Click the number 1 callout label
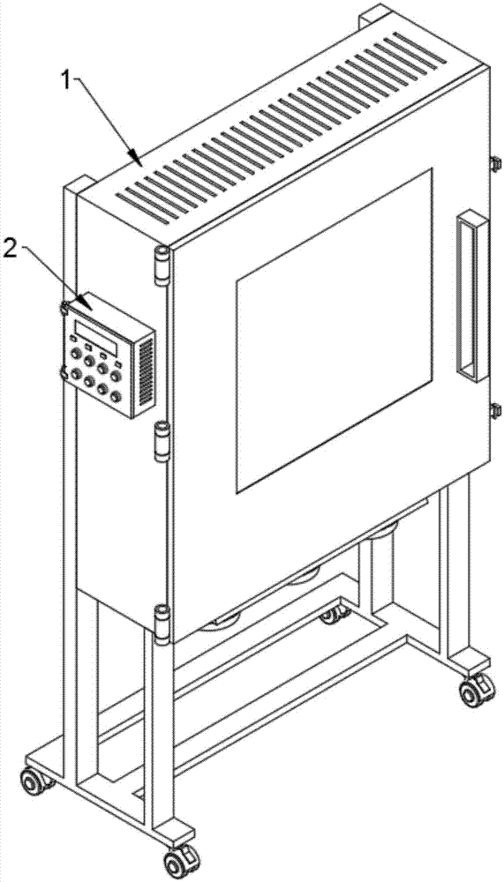pyautogui.click(x=67, y=81)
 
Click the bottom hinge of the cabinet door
pyautogui.click(x=162, y=623)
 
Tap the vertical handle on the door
pyautogui.click(x=471, y=296)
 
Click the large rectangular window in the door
pyautogui.click(x=335, y=330)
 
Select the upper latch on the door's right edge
pyautogui.click(x=495, y=164)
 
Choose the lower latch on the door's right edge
pyautogui.click(x=495, y=410)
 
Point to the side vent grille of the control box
pyautogui.click(x=147, y=372)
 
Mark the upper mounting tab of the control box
pyautogui.click(x=64, y=307)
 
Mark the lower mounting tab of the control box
pyautogui.click(x=64, y=372)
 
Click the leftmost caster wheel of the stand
pyautogui.click(x=33, y=781)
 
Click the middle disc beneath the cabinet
pyautogui.click(x=303, y=576)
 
